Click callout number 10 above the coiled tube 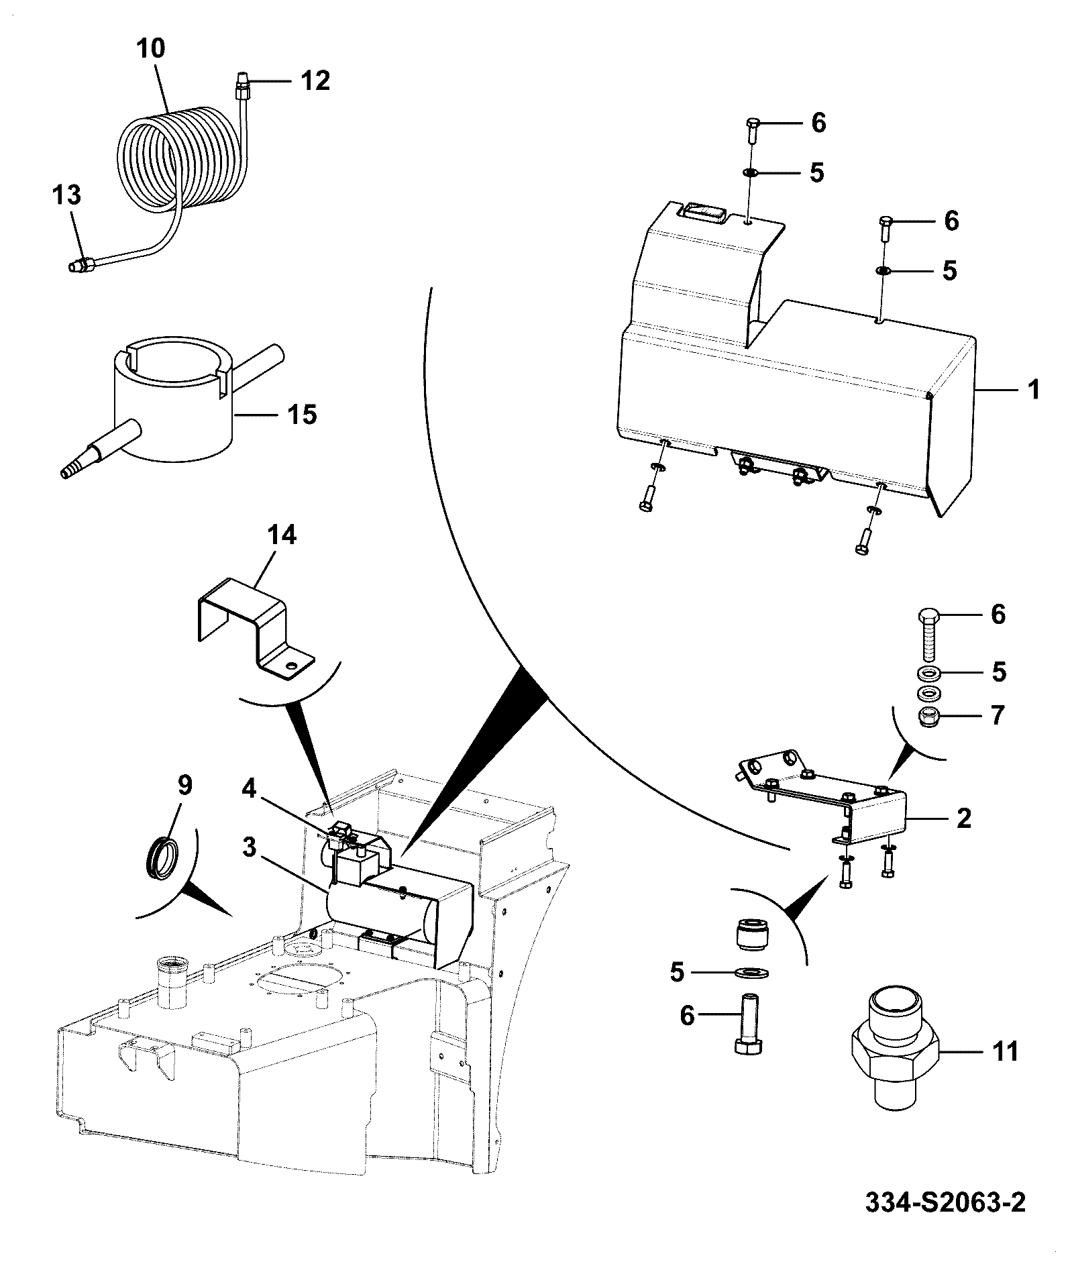pyautogui.click(x=151, y=50)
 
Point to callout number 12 pyautogui.click(x=315, y=81)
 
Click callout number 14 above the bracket pyautogui.click(x=281, y=536)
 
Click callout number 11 pyautogui.click(x=1004, y=1052)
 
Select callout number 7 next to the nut pyautogui.click(x=998, y=716)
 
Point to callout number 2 pyautogui.click(x=963, y=818)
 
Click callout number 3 pyautogui.click(x=250, y=847)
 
